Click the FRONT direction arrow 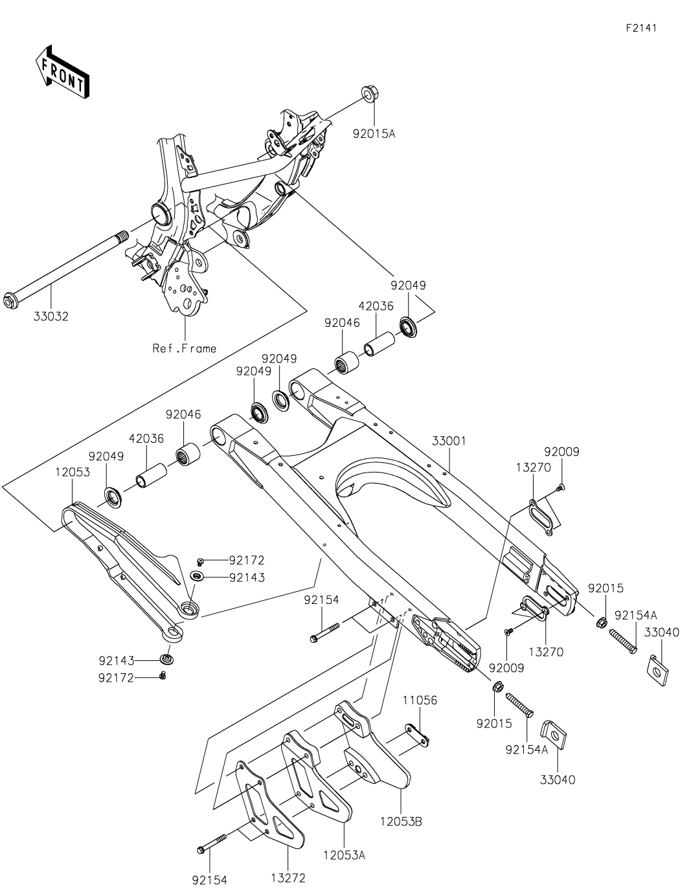point(62,72)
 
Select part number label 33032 point(51,317)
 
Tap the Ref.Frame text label point(185,348)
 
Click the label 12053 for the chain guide point(73,473)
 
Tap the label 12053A point(344,855)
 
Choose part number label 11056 point(420,700)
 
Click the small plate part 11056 point(419,734)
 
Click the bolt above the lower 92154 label point(210,844)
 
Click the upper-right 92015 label point(606,588)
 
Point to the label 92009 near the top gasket point(561,452)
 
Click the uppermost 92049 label point(408,285)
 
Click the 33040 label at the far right point(662,632)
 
